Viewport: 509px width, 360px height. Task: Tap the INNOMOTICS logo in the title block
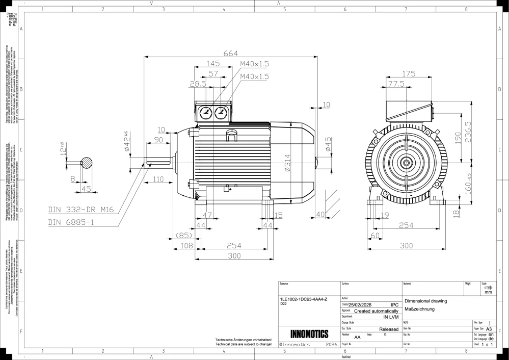click(309, 335)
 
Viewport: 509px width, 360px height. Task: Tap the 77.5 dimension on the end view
click(396, 84)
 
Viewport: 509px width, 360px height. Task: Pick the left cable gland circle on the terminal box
click(206, 113)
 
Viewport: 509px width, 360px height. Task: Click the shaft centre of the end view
click(406, 163)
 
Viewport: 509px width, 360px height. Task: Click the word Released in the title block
click(389, 329)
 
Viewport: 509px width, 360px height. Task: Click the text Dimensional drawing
click(425, 301)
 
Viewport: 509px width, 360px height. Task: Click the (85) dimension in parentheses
click(183, 236)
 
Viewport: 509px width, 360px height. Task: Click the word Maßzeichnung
click(419, 309)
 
